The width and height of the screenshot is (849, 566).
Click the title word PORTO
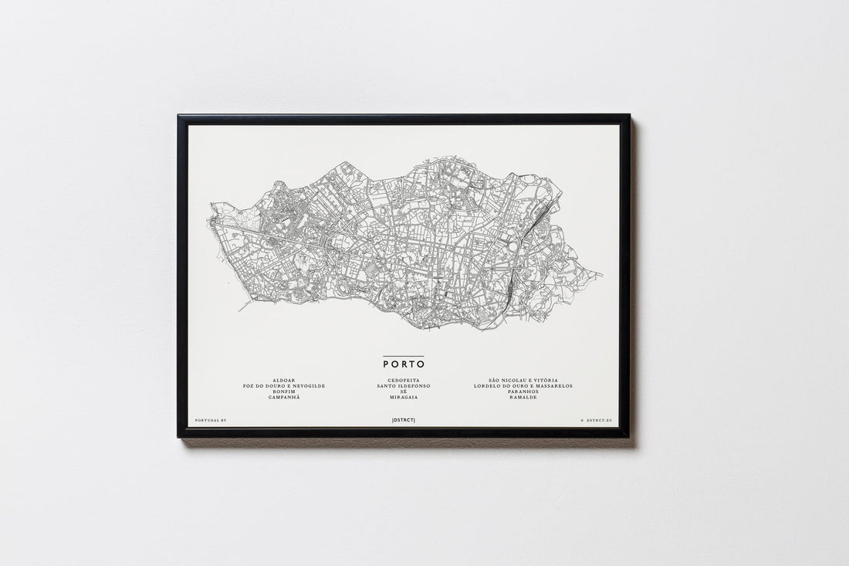coord(404,364)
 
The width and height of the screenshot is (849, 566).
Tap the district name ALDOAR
coord(284,380)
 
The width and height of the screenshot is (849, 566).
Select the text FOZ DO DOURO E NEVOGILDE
coord(284,385)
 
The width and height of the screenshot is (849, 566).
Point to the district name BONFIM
coord(284,391)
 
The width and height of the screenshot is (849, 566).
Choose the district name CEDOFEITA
coord(404,380)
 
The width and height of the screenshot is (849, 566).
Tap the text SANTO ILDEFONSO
coord(404,385)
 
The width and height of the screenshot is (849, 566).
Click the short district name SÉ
coord(404,391)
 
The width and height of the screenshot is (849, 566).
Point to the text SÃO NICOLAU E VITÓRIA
coord(523,380)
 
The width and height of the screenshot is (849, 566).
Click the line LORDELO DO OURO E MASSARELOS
coord(523,385)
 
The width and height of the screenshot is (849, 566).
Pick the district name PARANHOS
coord(523,391)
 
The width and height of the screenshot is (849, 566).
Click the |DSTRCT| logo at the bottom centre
coord(404,420)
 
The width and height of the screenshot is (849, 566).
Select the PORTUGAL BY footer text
coord(211,420)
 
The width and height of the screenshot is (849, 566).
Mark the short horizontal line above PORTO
coord(404,356)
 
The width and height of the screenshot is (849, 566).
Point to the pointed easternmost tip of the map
coord(601,273)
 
